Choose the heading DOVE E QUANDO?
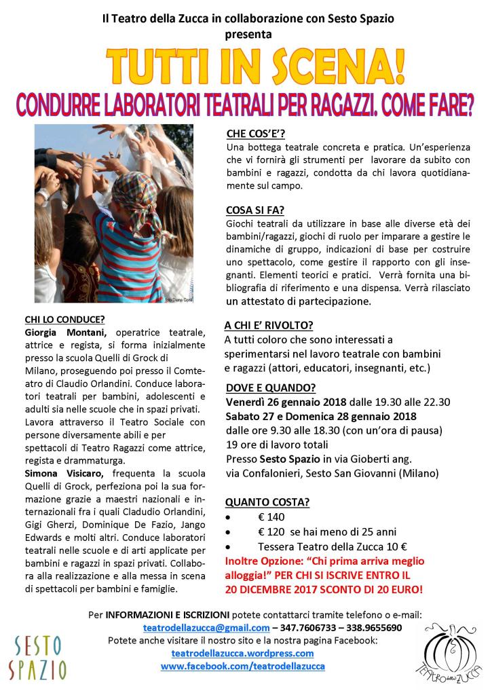point(270,388)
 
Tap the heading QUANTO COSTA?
point(267,503)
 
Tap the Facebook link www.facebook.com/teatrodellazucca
point(242,666)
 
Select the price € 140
point(271,517)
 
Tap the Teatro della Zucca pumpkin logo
point(449,655)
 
